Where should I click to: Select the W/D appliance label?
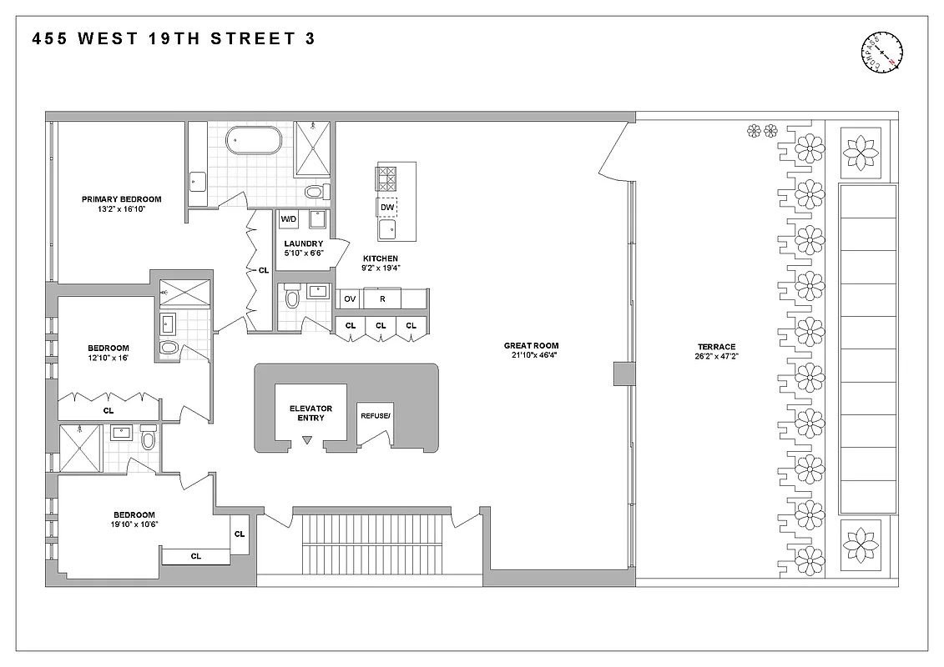pyautogui.click(x=289, y=219)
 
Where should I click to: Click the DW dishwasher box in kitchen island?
pyautogui.click(x=386, y=207)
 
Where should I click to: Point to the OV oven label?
pyautogui.click(x=350, y=298)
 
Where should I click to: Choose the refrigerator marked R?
pyautogui.click(x=382, y=298)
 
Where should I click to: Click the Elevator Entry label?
pyautogui.click(x=310, y=413)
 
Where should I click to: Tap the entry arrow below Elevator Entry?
pyautogui.click(x=307, y=439)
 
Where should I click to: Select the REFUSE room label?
pyautogui.click(x=375, y=415)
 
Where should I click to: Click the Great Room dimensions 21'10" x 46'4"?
pyautogui.click(x=531, y=356)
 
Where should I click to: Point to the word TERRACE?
pyautogui.click(x=716, y=347)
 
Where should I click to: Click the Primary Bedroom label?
pyautogui.click(x=121, y=199)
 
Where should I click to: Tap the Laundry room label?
pyautogui.click(x=303, y=243)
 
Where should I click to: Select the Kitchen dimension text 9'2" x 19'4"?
pyautogui.click(x=380, y=268)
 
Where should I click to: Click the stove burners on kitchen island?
pyautogui.click(x=386, y=178)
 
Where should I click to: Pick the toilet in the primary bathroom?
pyautogui.click(x=314, y=193)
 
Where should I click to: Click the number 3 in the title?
pyautogui.click(x=310, y=38)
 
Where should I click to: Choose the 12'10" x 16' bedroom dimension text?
pyautogui.click(x=109, y=358)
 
